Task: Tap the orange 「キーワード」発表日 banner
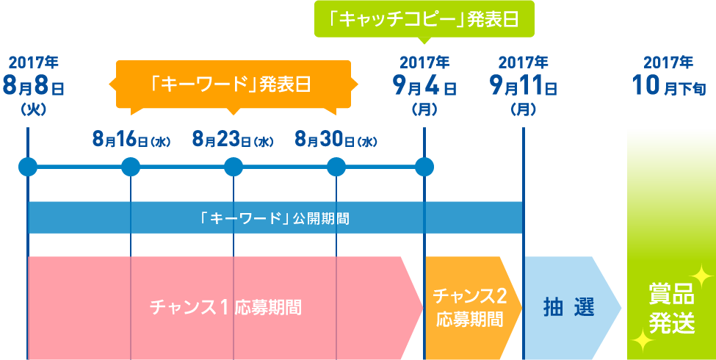(234, 84)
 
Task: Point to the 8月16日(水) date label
(131, 139)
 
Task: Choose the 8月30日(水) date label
(336, 139)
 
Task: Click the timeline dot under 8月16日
(131, 167)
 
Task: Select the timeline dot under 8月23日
(234, 167)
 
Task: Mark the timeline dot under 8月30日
(336, 167)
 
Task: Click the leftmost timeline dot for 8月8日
(28, 167)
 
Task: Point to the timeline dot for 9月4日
(424, 167)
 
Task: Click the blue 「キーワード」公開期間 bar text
(275, 218)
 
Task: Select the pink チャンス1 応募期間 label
(225, 307)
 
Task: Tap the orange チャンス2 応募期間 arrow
(470, 307)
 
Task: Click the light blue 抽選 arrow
(569, 307)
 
